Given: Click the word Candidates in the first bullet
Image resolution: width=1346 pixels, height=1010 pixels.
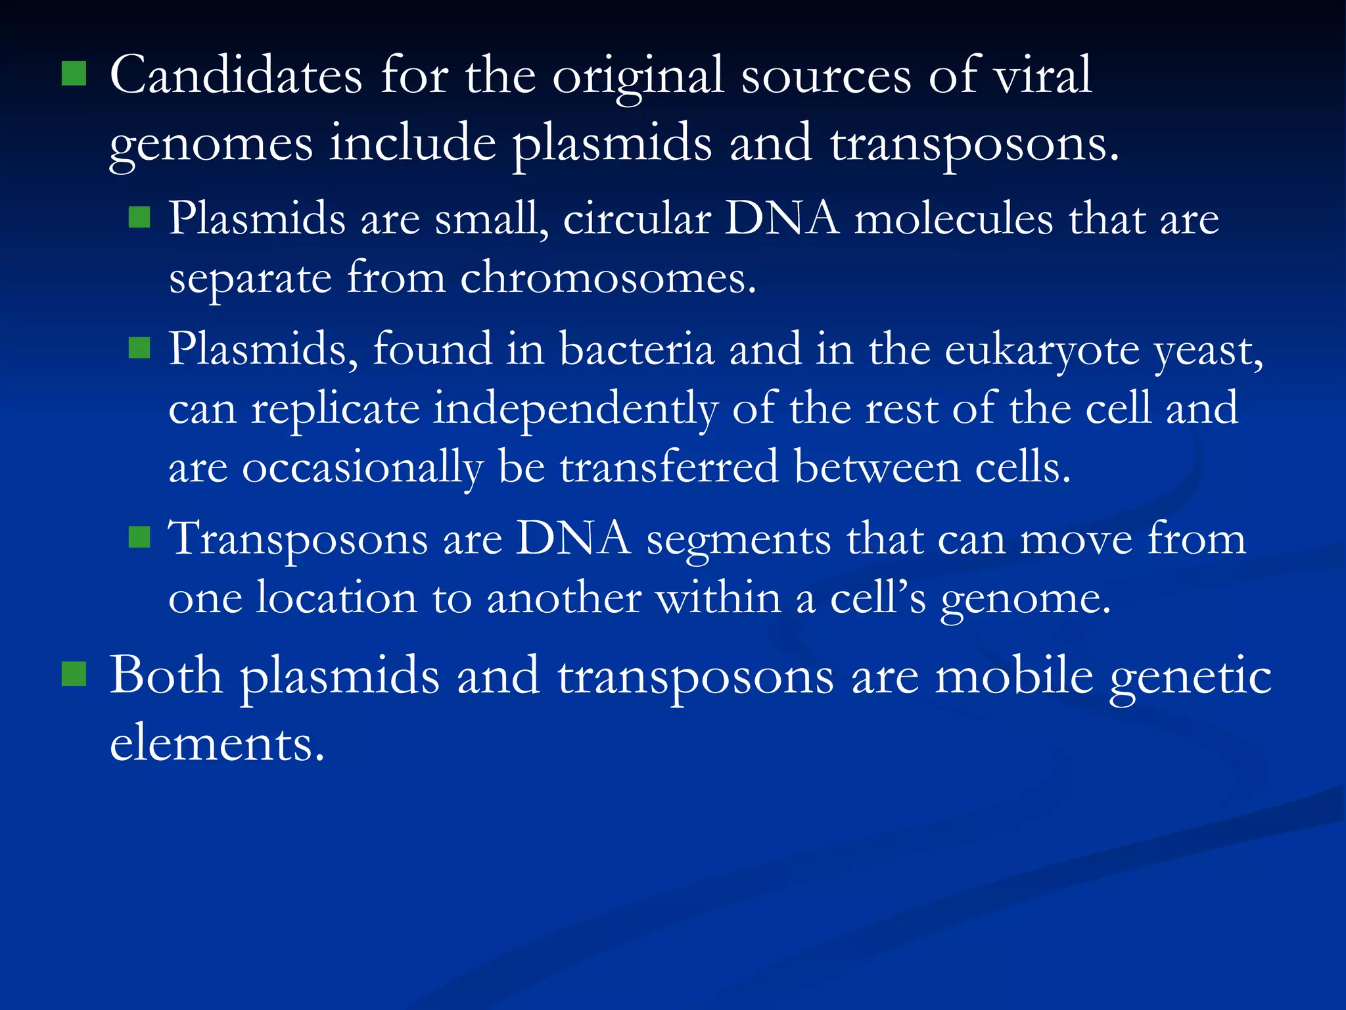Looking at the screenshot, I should (236, 76).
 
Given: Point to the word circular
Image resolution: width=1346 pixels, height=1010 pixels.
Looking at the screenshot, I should (637, 218).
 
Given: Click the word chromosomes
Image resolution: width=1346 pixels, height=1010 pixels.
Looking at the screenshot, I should (607, 278).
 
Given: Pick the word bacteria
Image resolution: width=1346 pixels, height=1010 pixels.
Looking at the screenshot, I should (636, 349).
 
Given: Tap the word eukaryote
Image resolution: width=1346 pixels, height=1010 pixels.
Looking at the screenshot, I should (1042, 350).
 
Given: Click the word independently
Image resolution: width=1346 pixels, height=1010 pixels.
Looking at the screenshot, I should (575, 409).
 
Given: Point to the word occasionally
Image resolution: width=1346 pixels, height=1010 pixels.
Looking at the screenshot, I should (362, 468).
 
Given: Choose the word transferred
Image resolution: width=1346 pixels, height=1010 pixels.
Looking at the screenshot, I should (669, 467).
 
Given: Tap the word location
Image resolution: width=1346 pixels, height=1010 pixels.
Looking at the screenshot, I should (336, 598).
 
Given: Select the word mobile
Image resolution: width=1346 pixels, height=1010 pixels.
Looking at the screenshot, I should (1015, 675).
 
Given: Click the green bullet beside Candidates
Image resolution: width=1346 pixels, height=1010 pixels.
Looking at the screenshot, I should (74, 74).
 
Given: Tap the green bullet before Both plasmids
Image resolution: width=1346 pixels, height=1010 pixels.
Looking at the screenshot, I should (74, 674).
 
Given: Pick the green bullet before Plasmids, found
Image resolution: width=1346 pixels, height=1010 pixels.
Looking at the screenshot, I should (139, 347).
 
